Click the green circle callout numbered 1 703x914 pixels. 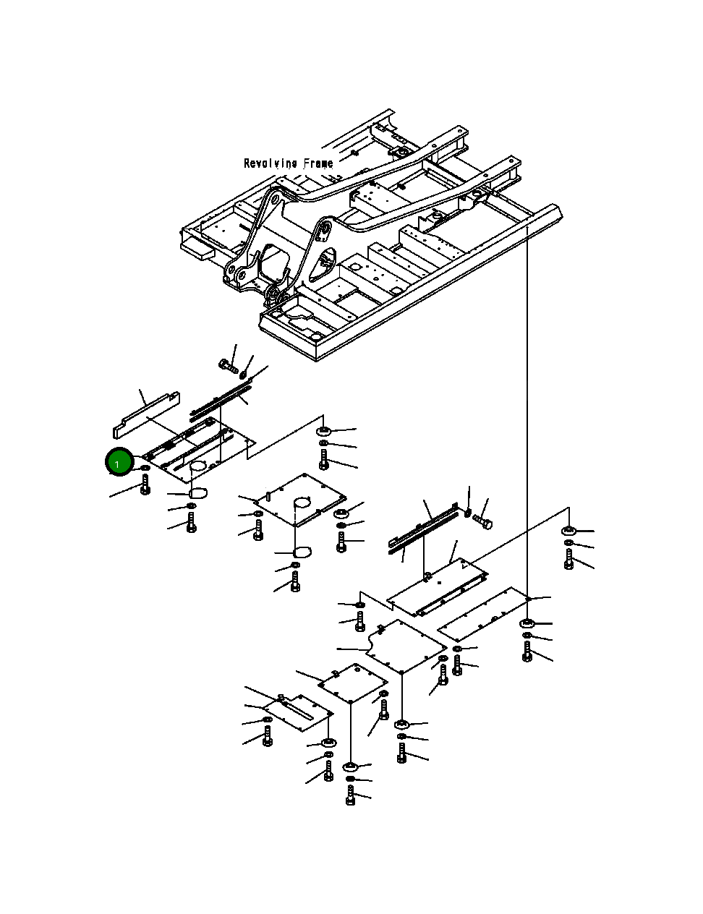point(119,461)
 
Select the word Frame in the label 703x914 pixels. point(318,163)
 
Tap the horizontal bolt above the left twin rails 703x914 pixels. point(229,366)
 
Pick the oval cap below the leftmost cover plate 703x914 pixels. point(197,492)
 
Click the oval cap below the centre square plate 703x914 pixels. point(302,552)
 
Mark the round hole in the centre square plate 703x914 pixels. point(302,503)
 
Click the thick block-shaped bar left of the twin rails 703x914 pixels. point(146,414)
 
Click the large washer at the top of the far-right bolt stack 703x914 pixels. point(568,531)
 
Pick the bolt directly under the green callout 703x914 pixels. point(145,484)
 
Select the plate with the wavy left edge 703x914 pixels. point(406,646)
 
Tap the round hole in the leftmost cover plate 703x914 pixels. point(197,466)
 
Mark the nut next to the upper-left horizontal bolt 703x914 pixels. point(243,374)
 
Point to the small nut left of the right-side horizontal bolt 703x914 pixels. point(468,513)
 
